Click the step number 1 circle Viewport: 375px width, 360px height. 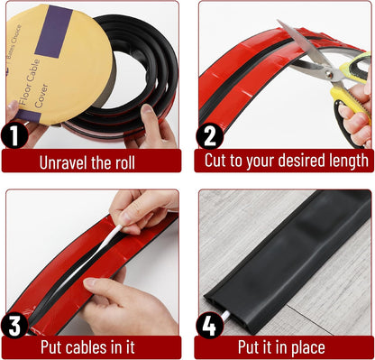pos(14,136)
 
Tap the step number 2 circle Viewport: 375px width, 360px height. pos(209,136)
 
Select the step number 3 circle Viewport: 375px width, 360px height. pos(14,326)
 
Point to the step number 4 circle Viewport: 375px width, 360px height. pos(209,326)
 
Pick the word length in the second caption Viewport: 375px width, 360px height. pos(349,161)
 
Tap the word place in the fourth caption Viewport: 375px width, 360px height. pos(308,348)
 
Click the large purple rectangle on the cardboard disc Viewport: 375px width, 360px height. pos(54,32)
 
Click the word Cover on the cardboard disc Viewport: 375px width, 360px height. pos(41,96)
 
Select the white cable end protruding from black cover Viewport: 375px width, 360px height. pos(225,317)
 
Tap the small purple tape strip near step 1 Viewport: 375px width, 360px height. pos(28,116)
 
